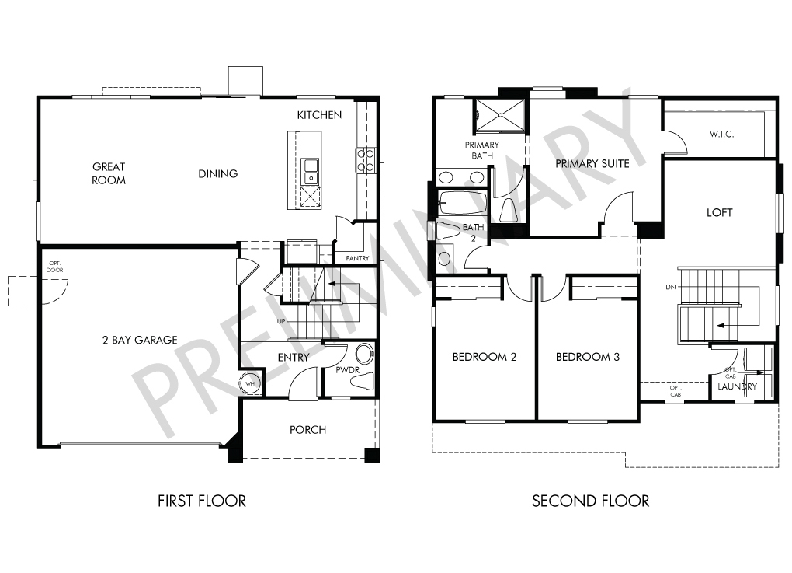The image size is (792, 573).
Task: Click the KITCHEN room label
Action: pos(319,115)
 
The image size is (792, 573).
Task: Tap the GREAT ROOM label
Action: pos(109,173)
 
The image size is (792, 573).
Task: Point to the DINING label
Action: pos(217,174)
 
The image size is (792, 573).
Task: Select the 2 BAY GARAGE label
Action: pos(140,340)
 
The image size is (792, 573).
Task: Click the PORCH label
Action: pos(307,430)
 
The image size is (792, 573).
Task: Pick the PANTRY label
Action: pos(358,258)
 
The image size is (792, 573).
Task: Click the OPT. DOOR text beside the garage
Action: pos(55,267)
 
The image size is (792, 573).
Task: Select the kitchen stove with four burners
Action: pos(365,159)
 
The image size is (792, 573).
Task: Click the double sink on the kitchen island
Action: pos(310,171)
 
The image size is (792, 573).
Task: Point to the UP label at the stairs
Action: pos(281,321)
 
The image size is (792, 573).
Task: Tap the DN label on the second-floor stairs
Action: pos(671,287)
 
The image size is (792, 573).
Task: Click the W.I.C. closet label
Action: pos(722,134)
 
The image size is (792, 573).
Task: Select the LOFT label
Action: pos(719,212)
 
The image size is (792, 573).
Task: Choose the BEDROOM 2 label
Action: pos(485,357)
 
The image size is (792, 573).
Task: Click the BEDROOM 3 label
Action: pos(588,357)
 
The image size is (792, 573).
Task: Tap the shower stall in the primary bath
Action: pos(499,115)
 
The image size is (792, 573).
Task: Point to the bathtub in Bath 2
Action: pos(463,202)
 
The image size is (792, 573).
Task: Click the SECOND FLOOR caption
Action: pos(590,501)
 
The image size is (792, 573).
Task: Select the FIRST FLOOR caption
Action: pos(202,501)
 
